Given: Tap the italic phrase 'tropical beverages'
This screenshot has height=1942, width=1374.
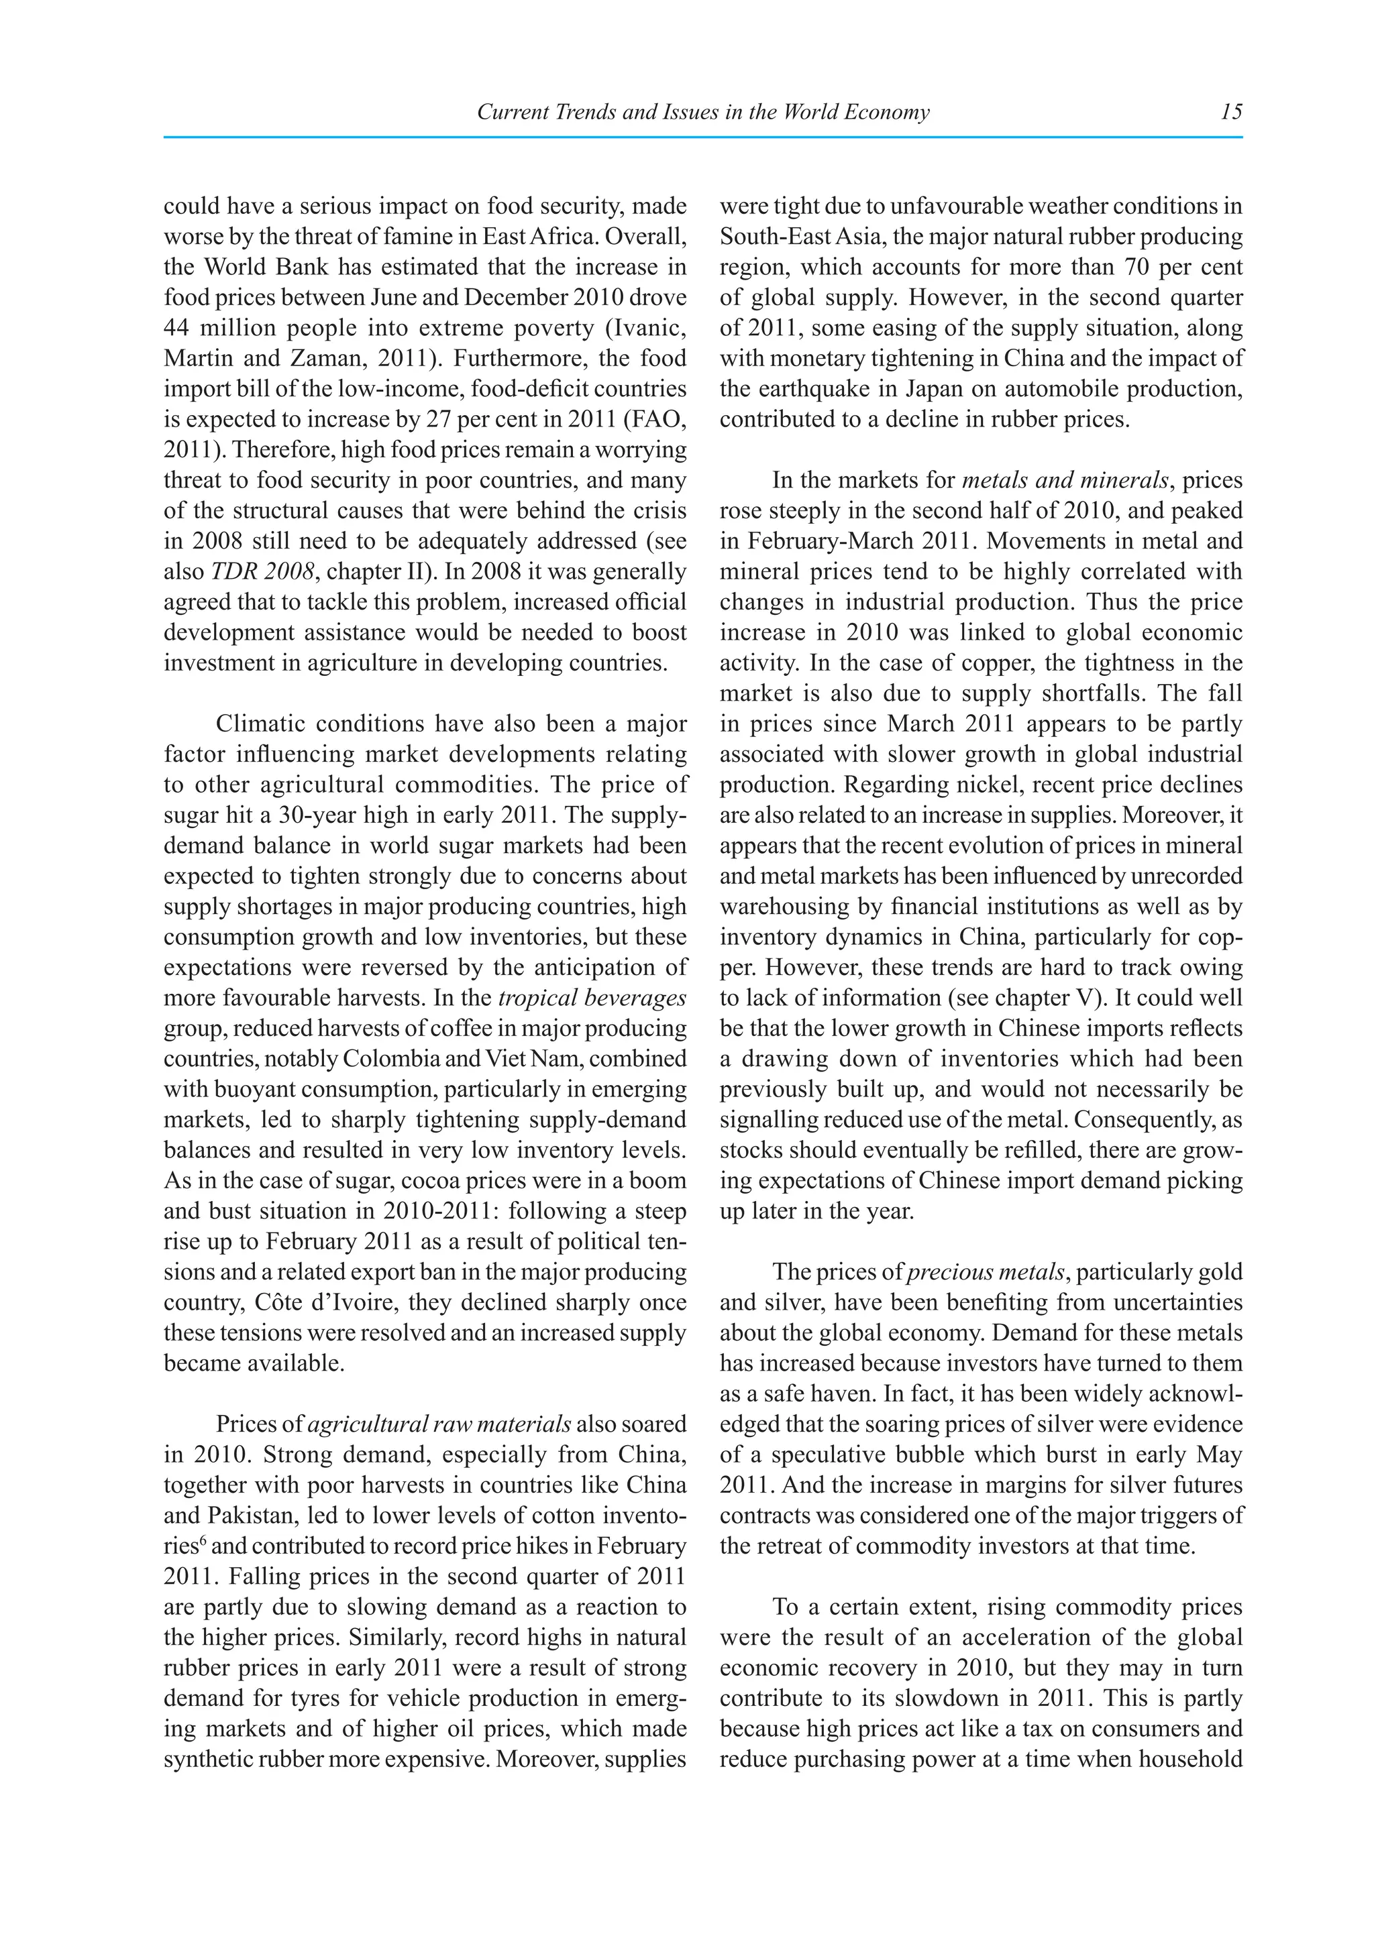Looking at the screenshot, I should click(x=592, y=998).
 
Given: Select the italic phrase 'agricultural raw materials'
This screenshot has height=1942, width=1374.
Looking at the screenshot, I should click(x=439, y=1424).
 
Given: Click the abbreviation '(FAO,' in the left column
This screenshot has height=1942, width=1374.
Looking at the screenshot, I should click(x=657, y=420).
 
